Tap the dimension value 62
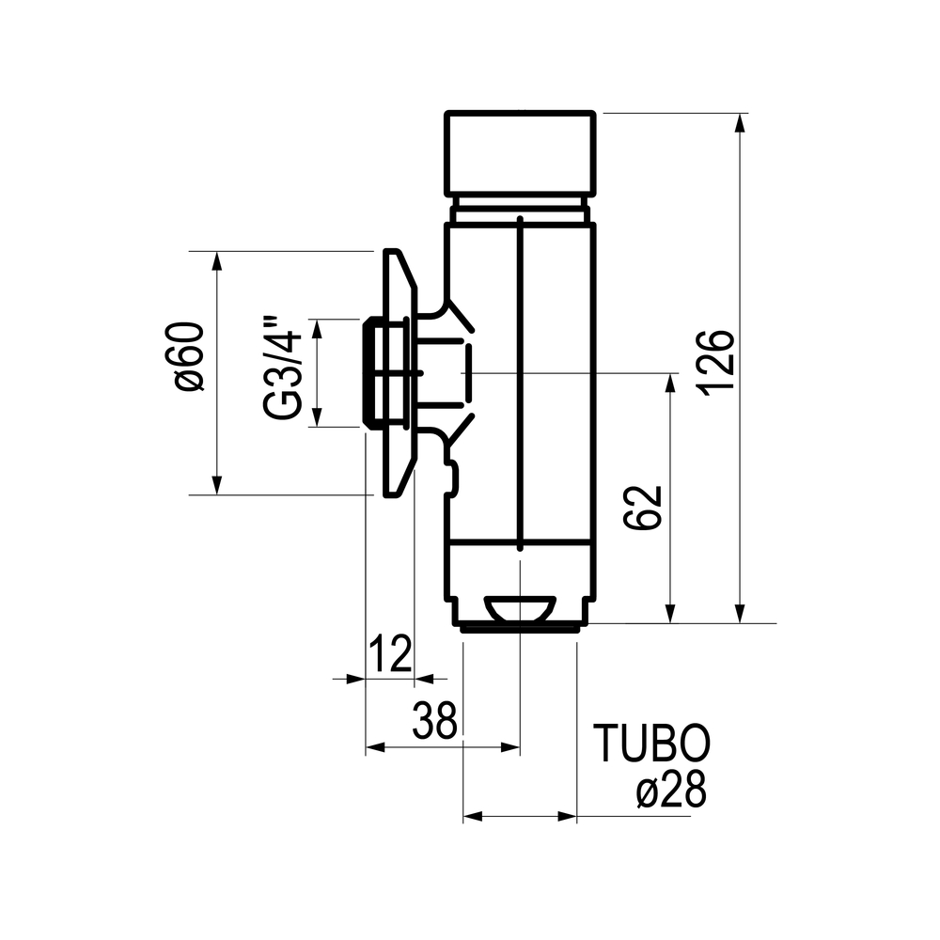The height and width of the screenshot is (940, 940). coord(643,508)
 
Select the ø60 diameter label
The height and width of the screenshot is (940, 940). coord(189,356)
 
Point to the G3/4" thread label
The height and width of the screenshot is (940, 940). coord(280,368)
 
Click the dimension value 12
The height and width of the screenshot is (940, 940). coord(390,653)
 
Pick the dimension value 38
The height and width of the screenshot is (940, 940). coord(434,721)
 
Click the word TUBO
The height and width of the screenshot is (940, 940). coord(651,743)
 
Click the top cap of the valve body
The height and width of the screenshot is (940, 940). coord(520,153)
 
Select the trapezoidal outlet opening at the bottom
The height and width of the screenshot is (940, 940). coord(519,608)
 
